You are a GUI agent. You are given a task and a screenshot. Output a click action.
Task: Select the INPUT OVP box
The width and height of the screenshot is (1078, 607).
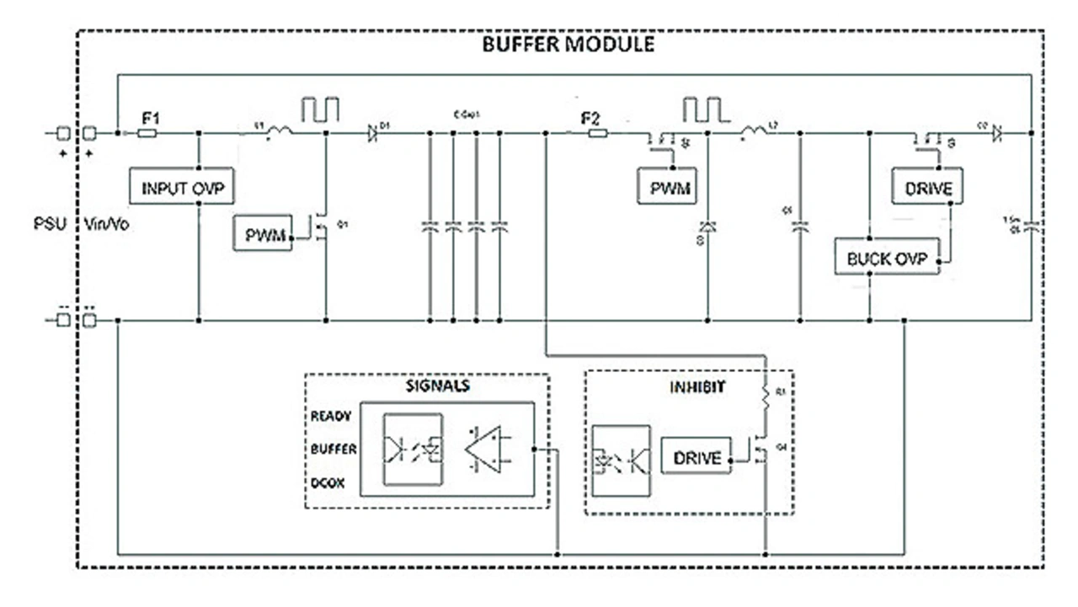182,188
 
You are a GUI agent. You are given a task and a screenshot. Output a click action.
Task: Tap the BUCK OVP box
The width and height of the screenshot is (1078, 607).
887,258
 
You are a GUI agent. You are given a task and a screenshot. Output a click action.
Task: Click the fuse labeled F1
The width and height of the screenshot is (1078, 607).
147,133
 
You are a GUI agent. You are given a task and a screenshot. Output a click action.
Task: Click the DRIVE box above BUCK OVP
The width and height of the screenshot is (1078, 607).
928,188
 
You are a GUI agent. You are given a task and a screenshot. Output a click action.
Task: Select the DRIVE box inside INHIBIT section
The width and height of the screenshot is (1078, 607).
697,458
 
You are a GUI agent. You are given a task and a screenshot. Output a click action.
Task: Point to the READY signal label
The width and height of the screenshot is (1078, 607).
331,416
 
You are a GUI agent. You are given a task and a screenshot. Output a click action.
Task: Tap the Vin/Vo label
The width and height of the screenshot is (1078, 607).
107,226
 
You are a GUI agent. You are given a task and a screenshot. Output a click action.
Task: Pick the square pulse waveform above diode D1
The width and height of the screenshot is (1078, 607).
321,110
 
